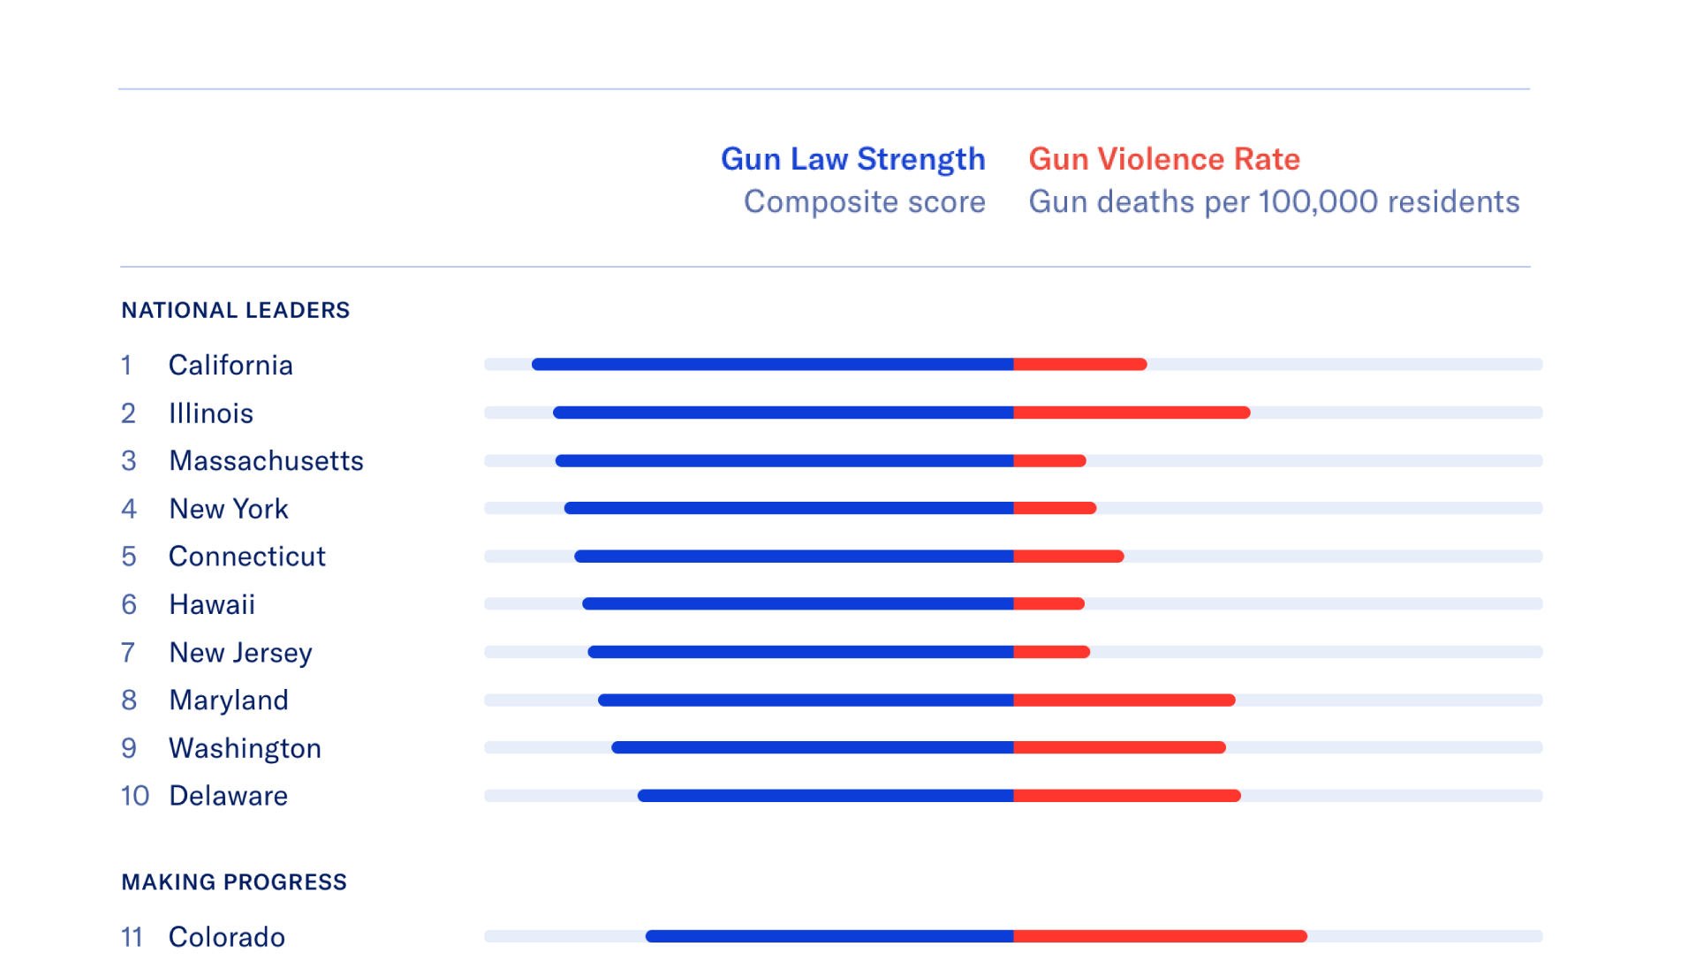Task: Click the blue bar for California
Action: [x=773, y=364]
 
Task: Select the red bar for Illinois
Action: [x=1132, y=413]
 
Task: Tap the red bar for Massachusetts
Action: [x=1049, y=460]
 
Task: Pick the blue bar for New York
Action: [x=789, y=508]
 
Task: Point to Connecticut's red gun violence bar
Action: [x=1069, y=556]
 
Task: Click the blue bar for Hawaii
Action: [x=798, y=604]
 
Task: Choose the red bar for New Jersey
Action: [x=1051, y=652]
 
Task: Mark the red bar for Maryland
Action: [x=1124, y=700]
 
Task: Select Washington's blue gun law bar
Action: [x=813, y=747]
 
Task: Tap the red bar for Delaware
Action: [x=1127, y=796]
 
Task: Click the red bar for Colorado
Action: [x=1160, y=936]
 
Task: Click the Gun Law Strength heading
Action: [x=852, y=159]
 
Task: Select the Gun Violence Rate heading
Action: [x=1164, y=159]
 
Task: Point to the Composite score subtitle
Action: [x=864, y=201]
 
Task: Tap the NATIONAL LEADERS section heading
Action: [x=236, y=310]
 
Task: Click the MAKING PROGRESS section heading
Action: [x=234, y=882]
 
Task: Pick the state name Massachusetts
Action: [x=266, y=460]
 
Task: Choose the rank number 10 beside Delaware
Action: [x=135, y=796]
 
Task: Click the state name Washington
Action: [x=245, y=748]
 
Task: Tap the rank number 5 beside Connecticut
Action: [x=129, y=556]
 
